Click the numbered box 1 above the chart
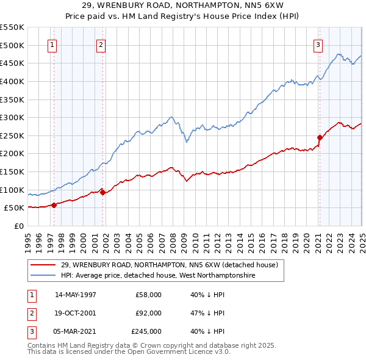[52, 44]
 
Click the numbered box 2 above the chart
[100, 44]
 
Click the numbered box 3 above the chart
[318, 44]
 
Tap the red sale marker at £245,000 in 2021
[320, 137]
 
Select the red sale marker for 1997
[54, 205]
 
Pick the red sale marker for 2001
[103, 193]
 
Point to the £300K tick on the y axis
[12, 117]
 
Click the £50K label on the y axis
[14, 208]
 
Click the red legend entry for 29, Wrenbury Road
[170, 265]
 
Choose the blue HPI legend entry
[157, 276]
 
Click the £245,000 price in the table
[146, 331]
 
